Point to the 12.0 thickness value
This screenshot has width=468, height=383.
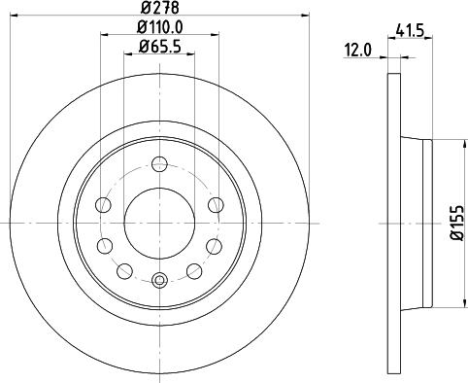[358, 51]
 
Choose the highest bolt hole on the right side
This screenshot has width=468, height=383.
[215, 203]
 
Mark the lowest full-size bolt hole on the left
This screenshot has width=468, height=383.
[123, 269]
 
